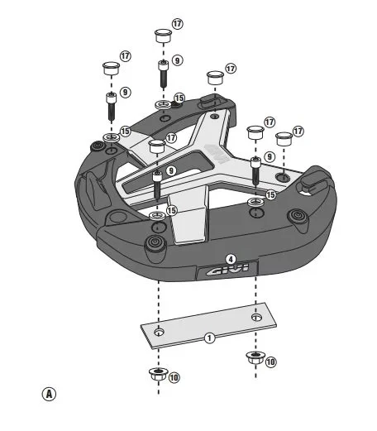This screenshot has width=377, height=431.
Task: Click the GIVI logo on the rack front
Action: pos(227,271)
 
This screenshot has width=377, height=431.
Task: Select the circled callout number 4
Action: pos(231,258)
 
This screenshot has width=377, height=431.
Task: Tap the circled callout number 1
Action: pos(210,338)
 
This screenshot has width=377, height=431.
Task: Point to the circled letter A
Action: pos(50,393)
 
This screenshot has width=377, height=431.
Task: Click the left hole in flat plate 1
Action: pos(160,332)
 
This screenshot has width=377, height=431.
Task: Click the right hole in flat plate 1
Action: pos(256,317)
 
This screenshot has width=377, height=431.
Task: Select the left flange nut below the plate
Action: pos(156,374)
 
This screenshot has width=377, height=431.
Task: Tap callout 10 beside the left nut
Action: pos(174,377)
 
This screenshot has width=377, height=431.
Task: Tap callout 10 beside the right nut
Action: pos(270,362)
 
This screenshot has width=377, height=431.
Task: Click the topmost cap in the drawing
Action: pos(163,36)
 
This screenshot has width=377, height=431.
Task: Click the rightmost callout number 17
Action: pos(298,131)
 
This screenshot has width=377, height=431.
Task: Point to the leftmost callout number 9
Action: pos(126,92)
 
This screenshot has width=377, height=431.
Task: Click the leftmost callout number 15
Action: pos(126,131)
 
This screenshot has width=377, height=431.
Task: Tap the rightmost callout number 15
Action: pos(270,194)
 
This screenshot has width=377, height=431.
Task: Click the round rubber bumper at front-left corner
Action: pos(152,243)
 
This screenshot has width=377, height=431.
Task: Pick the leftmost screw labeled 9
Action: pos(109,105)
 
